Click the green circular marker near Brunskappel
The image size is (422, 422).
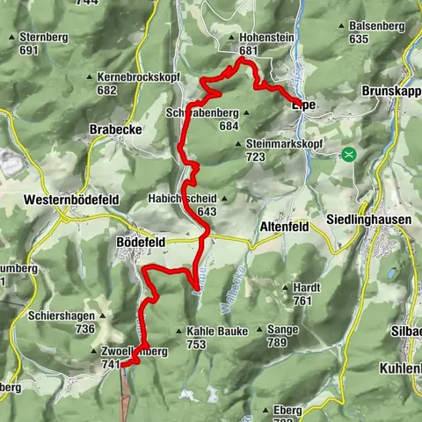[x=350, y=154]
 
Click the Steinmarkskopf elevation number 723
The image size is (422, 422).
[x=256, y=156]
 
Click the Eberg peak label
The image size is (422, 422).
[x=288, y=410]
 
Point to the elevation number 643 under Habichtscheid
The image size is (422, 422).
[x=207, y=212]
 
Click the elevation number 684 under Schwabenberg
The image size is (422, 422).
[x=229, y=126]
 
